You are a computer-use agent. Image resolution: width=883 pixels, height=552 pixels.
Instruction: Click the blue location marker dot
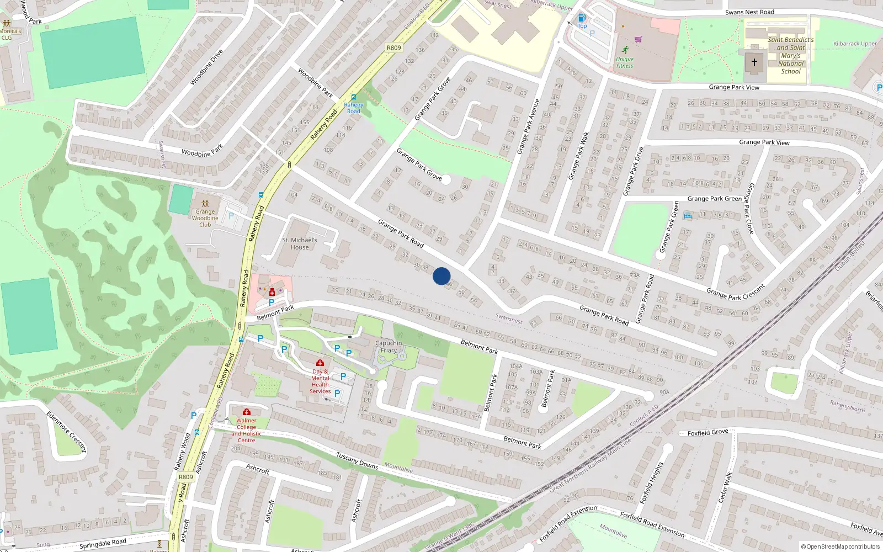point(441,276)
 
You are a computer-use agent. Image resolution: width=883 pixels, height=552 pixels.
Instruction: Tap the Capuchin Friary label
point(389,347)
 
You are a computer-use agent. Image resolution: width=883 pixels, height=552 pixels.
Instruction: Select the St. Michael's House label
point(300,243)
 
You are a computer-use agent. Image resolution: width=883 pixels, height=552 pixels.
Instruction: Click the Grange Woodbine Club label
point(205,218)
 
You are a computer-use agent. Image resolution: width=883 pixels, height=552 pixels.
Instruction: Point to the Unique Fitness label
point(625,62)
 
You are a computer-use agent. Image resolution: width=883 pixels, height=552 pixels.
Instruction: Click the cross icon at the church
point(754,62)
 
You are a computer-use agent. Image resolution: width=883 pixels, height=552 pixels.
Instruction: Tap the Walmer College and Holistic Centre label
point(246,430)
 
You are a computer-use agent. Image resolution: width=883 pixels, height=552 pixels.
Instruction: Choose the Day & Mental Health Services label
point(320,381)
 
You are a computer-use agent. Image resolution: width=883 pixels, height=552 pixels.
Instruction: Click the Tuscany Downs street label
point(357,461)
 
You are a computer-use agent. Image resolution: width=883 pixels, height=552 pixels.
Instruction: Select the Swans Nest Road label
point(749,12)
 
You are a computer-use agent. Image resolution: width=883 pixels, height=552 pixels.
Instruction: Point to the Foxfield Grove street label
point(708,432)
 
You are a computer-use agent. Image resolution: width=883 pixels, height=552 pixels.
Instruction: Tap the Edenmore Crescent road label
point(66,432)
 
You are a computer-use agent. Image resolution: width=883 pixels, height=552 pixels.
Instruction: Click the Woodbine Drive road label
point(206,67)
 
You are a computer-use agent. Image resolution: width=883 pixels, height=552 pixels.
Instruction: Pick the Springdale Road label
point(103,544)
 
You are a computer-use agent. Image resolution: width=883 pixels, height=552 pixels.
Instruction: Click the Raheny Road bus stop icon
point(354,97)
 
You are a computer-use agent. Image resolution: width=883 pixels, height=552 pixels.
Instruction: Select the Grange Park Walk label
point(578,156)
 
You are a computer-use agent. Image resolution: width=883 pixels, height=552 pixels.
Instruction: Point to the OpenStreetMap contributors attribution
point(841,546)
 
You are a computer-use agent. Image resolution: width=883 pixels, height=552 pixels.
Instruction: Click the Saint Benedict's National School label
point(791,55)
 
